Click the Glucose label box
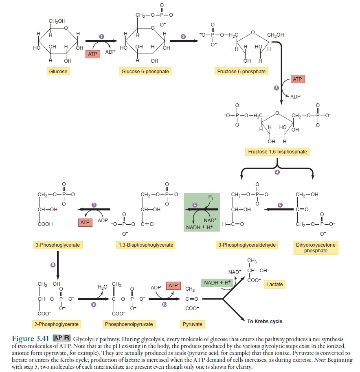(x=58, y=72)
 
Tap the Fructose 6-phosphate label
(x=241, y=72)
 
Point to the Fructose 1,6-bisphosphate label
(x=277, y=152)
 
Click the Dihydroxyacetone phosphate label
(x=316, y=248)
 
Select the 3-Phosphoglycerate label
(x=57, y=245)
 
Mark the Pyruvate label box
(x=192, y=324)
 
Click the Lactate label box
(x=274, y=284)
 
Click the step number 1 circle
(x=101, y=37)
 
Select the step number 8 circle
(x=53, y=265)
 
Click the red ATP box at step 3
(x=297, y=79)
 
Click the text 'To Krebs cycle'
(x=265, y=322)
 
